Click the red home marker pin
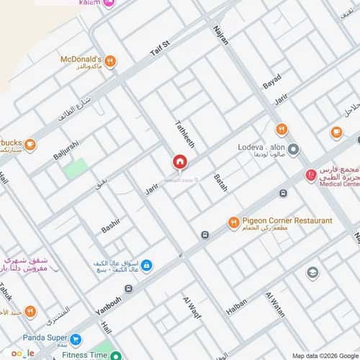[x=179, y=163]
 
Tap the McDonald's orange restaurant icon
[x=109, y=62]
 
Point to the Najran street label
[x=221, y=36]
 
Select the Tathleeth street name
[x=181, y=134]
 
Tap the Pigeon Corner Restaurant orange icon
[x=233, y=222]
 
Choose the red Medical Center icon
[x=310, y=175]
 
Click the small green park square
[x=76, y=169]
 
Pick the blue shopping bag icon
[x=146, y=266]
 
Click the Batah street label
[x=220, y=183]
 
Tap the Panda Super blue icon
[x=75, y=338]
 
